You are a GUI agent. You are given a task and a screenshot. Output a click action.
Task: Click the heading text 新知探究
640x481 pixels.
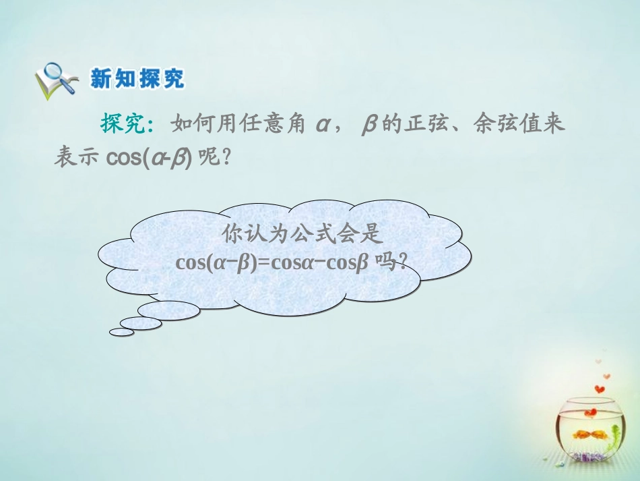[137, 79]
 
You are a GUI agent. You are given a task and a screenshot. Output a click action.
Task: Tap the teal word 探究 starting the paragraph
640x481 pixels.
[121, 123]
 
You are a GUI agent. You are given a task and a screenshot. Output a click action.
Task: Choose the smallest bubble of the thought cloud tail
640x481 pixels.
[121, 332]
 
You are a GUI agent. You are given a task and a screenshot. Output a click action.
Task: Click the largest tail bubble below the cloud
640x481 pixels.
[168, 310]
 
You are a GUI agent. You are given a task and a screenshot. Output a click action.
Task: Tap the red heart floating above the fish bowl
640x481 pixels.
[599, 389]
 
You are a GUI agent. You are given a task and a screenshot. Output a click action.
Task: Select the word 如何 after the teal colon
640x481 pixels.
[189, 123]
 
